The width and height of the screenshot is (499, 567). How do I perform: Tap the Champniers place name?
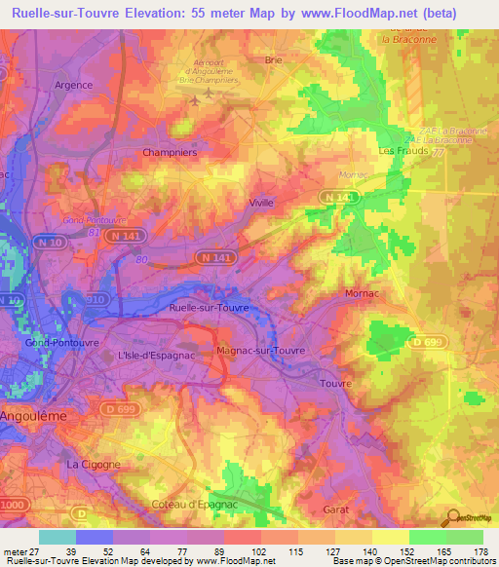170,153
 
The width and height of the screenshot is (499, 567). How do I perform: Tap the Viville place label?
261,203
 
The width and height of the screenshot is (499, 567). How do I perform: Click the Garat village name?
333,510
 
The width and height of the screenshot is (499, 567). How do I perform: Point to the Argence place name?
73,85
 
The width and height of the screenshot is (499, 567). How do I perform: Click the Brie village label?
274,59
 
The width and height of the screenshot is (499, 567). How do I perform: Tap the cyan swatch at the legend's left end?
58,537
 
